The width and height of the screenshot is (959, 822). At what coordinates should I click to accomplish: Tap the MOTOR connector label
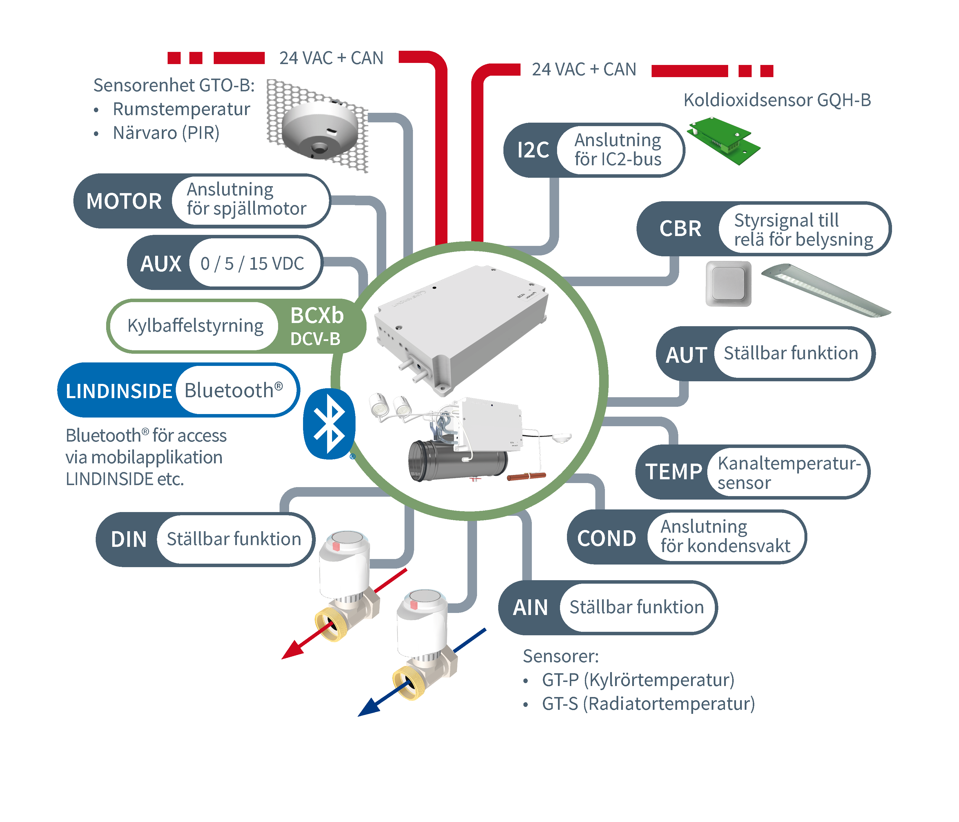(x=124, y=201)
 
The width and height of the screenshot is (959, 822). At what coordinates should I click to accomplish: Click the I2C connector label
(x=533, y=150)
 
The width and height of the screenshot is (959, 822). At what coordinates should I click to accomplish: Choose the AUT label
(x=686, y=355)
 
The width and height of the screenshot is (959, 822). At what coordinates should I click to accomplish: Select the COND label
(x=607, y=538)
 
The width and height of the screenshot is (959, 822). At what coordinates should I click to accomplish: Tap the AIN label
(x=530, y=607)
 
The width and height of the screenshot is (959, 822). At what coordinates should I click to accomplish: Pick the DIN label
(x=129, y=539)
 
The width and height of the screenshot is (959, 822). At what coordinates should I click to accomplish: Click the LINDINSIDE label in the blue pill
(x=119, y=391)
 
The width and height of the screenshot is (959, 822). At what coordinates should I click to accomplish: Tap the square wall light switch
(x=728, y=283)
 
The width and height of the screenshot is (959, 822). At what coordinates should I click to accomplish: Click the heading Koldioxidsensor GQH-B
(x=777, y=100)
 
